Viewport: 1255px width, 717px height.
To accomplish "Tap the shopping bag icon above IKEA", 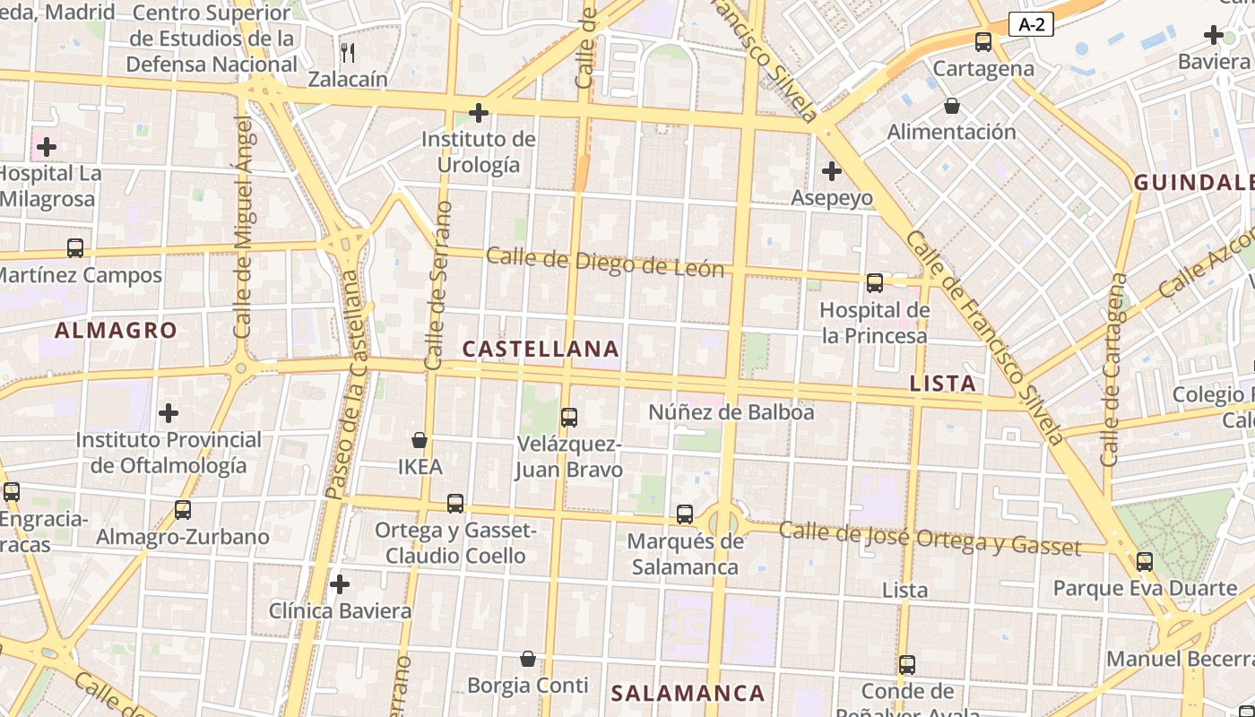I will [x=419, y=440].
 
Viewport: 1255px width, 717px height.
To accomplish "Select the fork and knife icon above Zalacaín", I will [x=348, y=53].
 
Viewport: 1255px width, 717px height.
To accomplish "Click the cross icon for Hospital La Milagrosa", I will [x=47, y=146].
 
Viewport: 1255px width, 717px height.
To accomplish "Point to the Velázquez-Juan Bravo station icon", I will [x=568, y=417].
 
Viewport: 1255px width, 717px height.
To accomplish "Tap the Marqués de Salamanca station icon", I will [x=685, y=514].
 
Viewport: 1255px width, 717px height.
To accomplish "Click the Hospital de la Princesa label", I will [x=875, y=323].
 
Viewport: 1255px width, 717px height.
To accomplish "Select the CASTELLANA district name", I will [x=541, y=349].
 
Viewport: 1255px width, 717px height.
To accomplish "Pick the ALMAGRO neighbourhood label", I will [x=116, y=331].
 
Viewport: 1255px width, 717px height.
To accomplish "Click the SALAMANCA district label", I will [x=688, y=693].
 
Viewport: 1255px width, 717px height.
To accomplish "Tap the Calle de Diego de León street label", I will [x=605, y=263].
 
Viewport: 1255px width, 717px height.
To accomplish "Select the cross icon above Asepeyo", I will [x=832, y=170].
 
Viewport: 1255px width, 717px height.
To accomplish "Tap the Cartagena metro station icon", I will [x=983, y=41].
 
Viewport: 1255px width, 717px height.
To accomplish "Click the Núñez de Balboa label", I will [x=731, y=412].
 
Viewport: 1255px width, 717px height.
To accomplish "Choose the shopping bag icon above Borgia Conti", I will [x=528, y=660].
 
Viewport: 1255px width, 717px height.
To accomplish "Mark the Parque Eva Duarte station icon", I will [x=1144, y=562].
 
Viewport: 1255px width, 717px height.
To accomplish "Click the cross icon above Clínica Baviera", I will [x=340, y=584].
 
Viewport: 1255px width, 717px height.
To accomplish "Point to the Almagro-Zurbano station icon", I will [x=183, y=510].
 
